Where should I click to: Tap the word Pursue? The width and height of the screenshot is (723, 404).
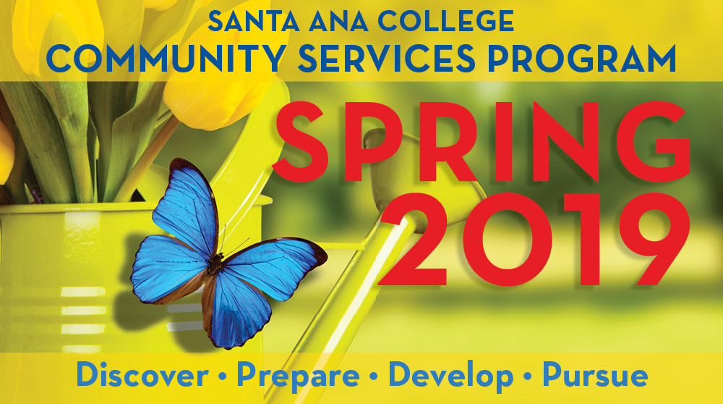click(x=595, y=376)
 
